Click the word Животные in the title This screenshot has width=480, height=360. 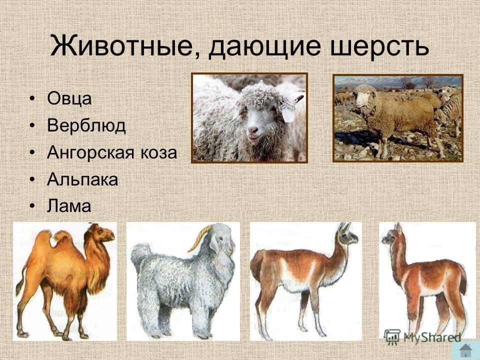(x=122, y=46)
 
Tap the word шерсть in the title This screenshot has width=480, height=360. (x=379, y=46)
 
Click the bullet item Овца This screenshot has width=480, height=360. (x=69, y=99)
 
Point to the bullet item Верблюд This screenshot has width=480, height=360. (x=86, y=125)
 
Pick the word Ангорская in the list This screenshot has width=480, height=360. (x=90, y=153)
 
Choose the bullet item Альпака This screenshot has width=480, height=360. (x=82, y=179)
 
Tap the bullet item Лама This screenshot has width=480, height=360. (x=69, y=206)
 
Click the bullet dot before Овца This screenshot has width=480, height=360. (x=32, y=99)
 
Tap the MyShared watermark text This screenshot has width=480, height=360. (x=432, y=337)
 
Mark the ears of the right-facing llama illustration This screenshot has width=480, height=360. (x=344, y=228)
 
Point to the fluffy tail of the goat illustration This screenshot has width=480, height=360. (x=141, y=254)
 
